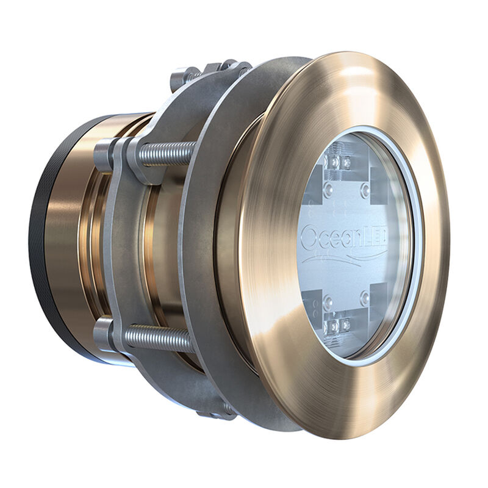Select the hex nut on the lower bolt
pyautogui.click(x=105, y=332)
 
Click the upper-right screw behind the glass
pyautogui.click(x=365, y=190)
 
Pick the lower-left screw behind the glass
pyautogui.click(x=328, y=300)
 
